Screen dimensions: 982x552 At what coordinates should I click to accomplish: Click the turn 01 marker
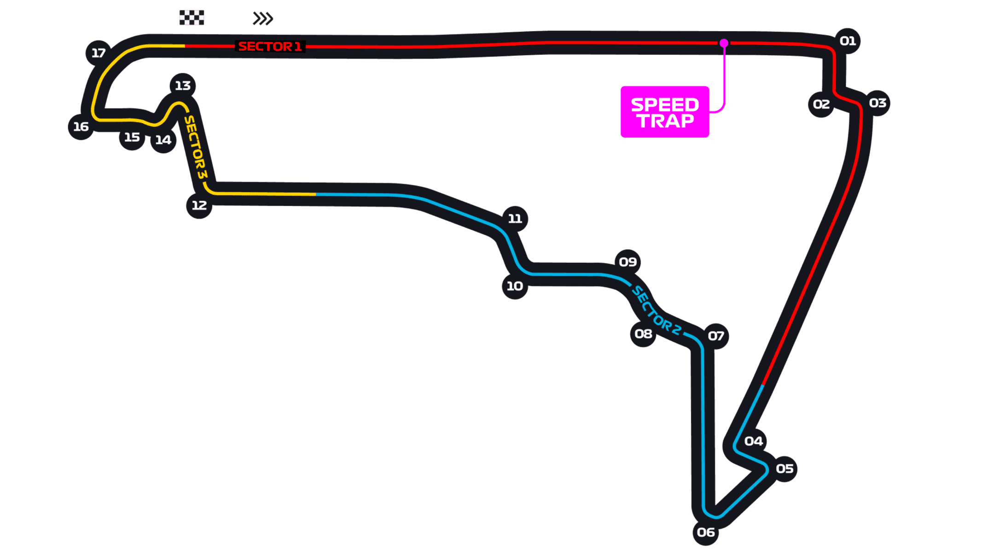pos(847,41)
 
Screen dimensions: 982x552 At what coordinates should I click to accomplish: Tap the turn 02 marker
pos(821,104)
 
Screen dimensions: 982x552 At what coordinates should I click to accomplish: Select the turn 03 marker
pos(877,103)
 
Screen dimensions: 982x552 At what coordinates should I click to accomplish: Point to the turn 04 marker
pos(754,441)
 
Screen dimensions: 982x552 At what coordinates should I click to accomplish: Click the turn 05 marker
pos(784,469)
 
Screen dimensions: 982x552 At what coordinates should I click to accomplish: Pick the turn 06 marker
pos(706,532)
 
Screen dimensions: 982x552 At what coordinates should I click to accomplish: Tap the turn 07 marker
pos(716,336)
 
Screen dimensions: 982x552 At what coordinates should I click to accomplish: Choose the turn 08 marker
pos(643,333)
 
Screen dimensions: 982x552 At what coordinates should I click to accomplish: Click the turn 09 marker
pos(628,262)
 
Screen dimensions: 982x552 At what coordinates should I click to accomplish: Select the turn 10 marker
pos(515,286)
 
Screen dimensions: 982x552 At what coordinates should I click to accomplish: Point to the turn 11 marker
pos(515,218)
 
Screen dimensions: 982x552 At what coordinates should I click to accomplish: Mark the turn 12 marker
pos(199,205)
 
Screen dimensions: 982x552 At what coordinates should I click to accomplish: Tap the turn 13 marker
pos(183,86)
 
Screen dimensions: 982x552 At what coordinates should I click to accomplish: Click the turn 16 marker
pos(81,126)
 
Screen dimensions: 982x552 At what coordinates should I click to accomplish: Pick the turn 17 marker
pos(99,53)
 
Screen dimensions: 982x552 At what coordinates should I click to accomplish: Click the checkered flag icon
pos(192,17)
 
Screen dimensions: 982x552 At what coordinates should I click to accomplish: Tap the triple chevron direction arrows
pos(263,18)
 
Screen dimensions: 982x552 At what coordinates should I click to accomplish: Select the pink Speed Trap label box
pos(665,112)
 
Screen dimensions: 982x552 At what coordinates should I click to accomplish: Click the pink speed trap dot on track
pos(724,43)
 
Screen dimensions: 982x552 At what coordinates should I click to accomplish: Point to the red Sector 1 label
pos(270,46)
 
